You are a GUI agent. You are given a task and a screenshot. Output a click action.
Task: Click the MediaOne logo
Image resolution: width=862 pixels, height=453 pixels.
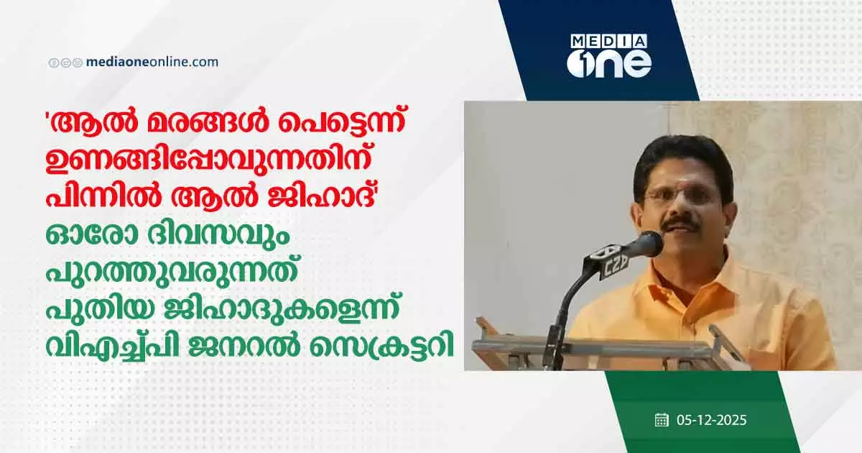coord(609,56)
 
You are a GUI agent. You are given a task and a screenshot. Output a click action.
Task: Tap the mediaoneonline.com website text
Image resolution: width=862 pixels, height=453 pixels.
coord(152,62)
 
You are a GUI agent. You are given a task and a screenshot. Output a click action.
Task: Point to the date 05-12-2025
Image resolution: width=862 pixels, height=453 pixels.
coord(712,420)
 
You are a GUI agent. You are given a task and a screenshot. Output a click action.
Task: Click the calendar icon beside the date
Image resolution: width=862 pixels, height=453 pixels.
coord(662,420)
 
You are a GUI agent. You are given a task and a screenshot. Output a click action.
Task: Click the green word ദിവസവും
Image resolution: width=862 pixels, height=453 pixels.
coord(218,236)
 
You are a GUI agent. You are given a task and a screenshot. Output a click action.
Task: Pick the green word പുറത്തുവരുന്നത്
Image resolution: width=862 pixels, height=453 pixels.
coord(172,274)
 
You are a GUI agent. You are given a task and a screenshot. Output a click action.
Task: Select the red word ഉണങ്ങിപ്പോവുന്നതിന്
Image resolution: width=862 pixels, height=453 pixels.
coord(208,161)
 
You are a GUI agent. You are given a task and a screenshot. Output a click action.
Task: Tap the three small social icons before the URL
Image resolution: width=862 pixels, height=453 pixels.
coord(65,63)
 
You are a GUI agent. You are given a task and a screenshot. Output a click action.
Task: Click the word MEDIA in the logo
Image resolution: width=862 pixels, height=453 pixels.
coord(609,42)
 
